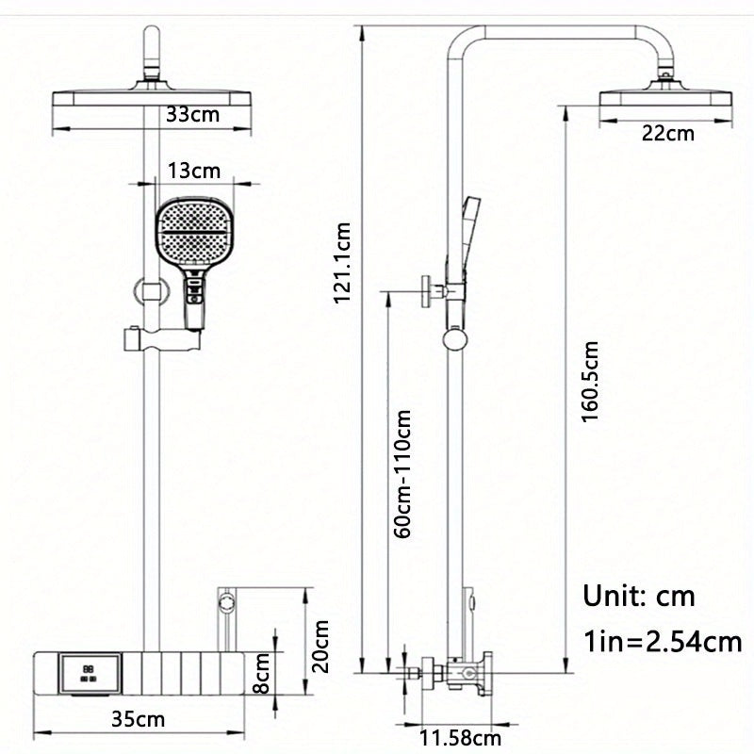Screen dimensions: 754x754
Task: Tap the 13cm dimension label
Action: point(194,171)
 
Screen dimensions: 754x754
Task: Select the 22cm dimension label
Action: point(667,133)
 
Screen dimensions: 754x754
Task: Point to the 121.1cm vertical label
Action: point(343,264)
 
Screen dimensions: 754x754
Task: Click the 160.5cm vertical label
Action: point(591,382)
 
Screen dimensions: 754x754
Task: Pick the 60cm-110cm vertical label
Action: point(402,474)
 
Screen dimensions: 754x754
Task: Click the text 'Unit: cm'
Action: point(638,596)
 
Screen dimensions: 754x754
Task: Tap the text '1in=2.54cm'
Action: point(662,643)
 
